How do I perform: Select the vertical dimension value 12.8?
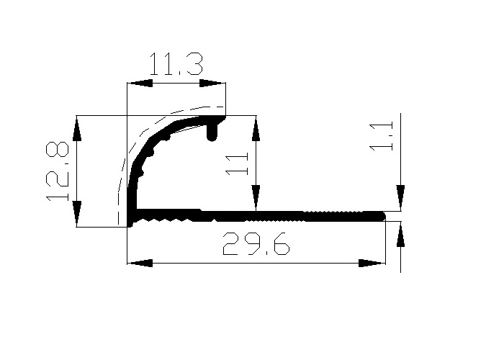pos(58,171)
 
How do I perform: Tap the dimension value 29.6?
pos(256,245)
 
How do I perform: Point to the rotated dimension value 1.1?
pos(384,135)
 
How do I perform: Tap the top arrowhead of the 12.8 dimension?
pos(77,129)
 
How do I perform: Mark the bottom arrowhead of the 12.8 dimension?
pos(77,214)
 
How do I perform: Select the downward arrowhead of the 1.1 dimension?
pos(400,198)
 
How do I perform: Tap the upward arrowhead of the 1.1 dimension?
pos(400,234)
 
